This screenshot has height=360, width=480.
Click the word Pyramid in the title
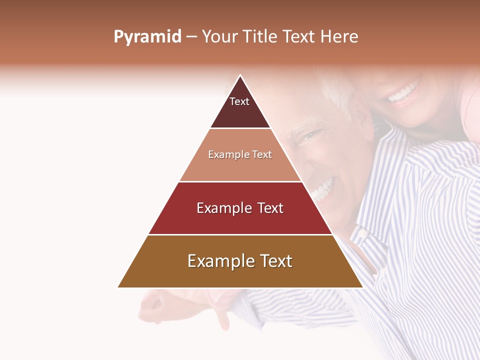tap(147, 37)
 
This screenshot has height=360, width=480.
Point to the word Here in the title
tap(339, 37)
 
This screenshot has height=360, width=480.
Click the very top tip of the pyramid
tap(240, 76)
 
